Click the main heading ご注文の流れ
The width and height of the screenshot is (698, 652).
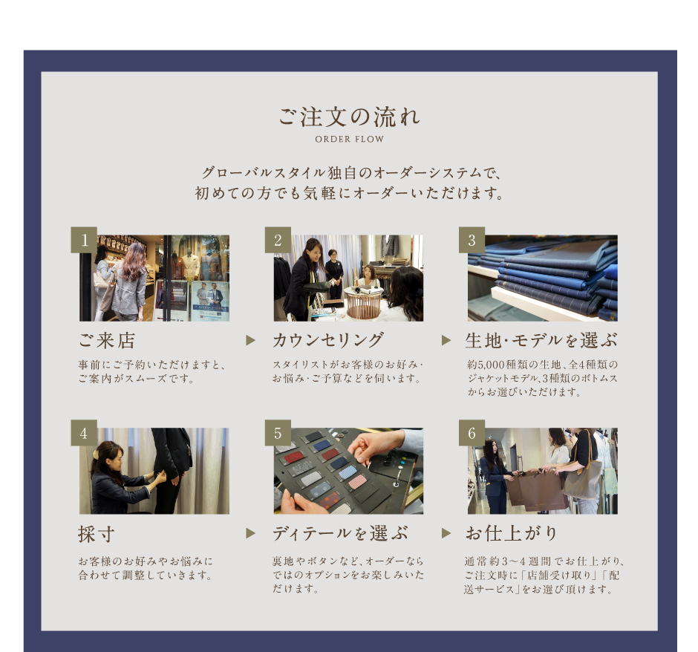(349, 117)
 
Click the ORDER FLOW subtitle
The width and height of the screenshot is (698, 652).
(350, 140)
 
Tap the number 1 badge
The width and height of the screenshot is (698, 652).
(84, 240)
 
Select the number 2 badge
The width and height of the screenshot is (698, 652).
(278, 240)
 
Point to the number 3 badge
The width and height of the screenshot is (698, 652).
(472, 240)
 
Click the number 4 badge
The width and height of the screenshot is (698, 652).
(84, 433)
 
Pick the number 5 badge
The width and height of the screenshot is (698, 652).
(278, 433)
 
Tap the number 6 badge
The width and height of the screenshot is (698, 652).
(472, 433)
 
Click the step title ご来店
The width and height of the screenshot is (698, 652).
(107, 340)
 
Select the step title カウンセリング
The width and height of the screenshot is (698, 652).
(328, 340)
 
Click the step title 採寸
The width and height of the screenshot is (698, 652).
(97, 534)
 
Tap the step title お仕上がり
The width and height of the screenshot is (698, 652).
(512, 533)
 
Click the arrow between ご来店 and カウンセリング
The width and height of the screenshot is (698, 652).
(251, 340)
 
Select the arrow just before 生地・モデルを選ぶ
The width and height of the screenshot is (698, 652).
(446, 340)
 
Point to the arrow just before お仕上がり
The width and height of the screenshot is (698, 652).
(446, 533)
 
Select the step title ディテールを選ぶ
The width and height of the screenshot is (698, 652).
(340, 533)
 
